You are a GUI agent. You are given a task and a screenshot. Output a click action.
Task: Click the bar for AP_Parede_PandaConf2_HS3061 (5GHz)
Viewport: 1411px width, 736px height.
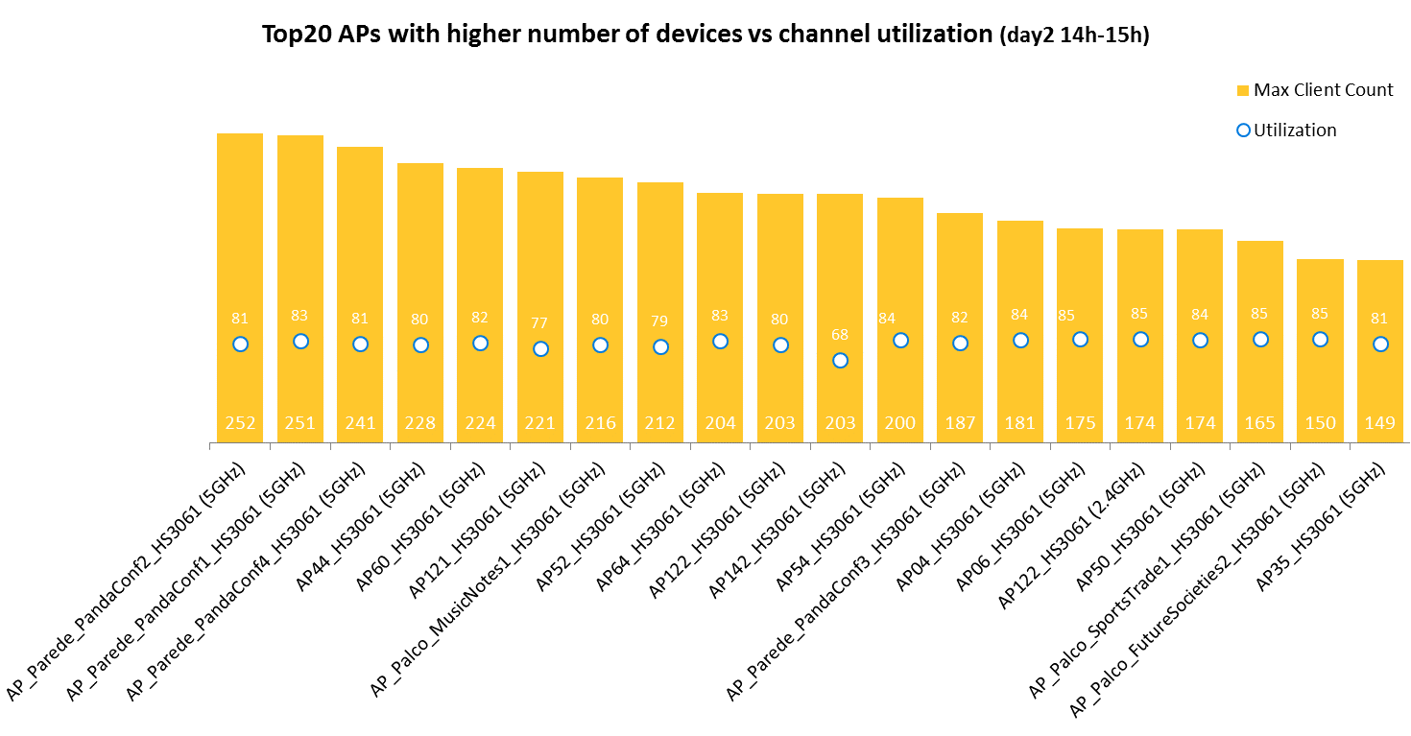click(x=240, y=240)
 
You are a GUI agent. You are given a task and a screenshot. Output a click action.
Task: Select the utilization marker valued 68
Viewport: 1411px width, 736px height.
click(x=840, y=360)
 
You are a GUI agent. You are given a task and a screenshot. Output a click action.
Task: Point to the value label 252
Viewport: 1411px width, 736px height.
click(x=240, y=423)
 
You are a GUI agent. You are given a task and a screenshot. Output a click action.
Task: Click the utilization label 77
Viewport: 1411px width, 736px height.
click(x=539, y=323)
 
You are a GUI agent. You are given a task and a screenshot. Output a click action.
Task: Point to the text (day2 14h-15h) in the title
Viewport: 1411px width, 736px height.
click(x=1074, y=36)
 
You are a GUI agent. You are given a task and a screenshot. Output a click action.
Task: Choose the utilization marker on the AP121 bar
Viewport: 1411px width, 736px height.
click(x=540, y=348)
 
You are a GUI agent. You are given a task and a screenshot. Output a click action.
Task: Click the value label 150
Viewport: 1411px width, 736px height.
click(x=1320, y=423)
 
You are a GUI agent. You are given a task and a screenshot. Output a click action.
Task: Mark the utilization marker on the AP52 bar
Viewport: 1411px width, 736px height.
click(x=660, y=346)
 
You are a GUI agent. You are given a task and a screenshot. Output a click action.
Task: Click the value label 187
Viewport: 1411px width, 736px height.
click(x=960, y=423)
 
